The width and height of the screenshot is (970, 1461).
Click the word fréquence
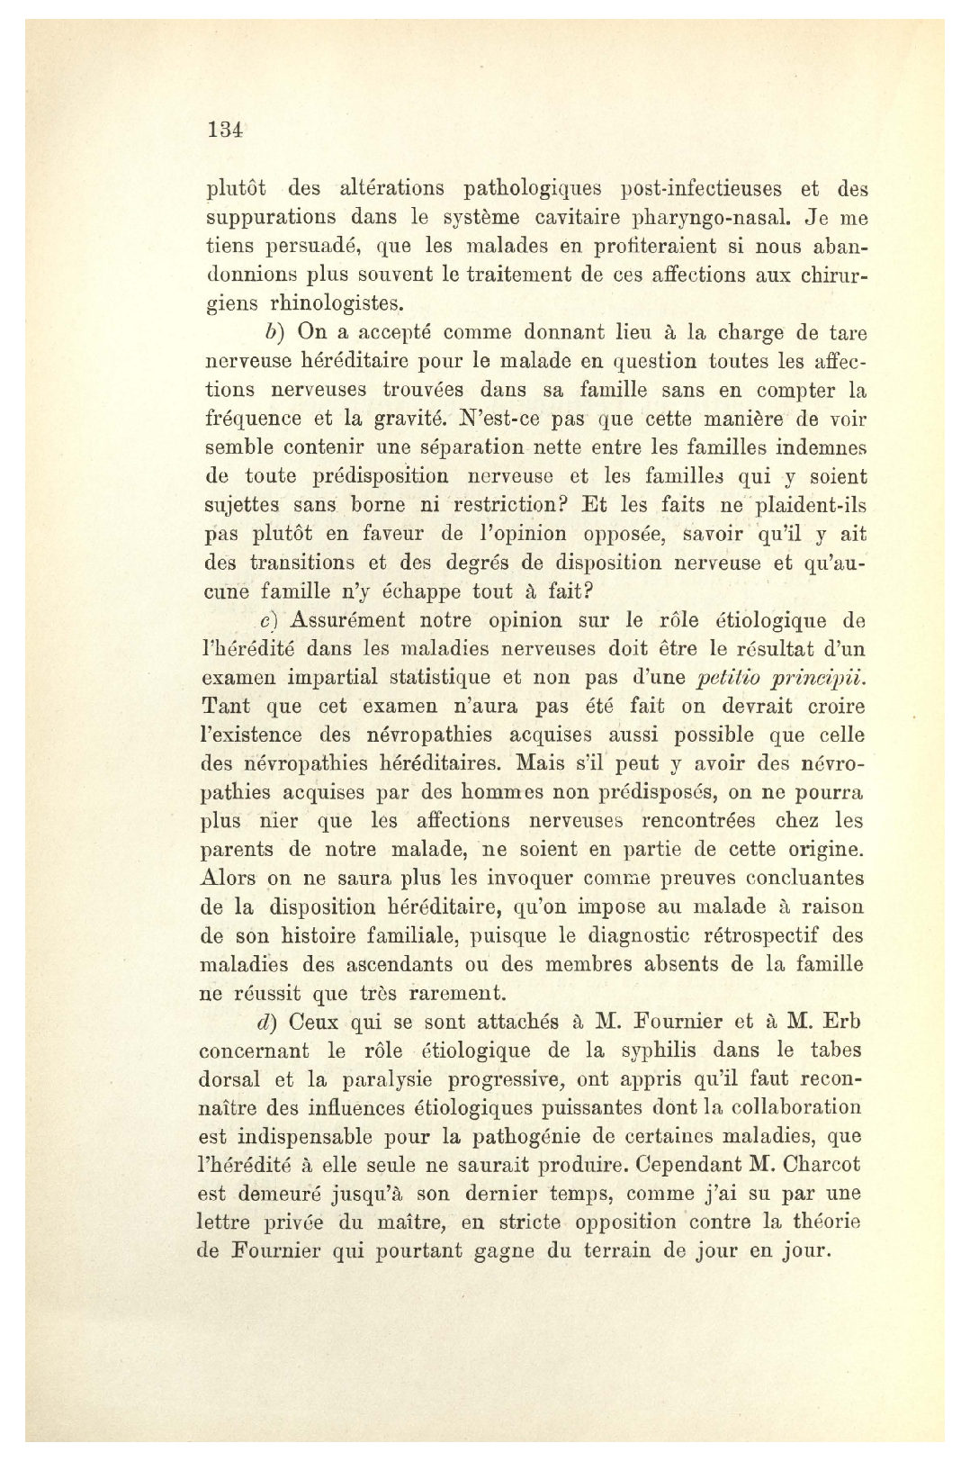pyautogui.click(x=248, y=420)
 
